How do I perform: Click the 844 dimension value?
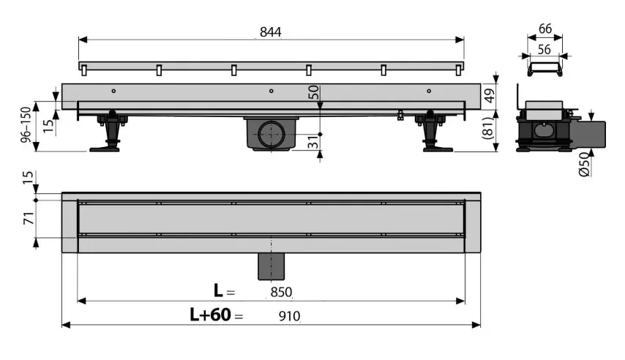[x=271, y=32]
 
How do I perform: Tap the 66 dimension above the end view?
[x=545, y=29]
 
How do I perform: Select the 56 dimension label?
[x=544, y=50]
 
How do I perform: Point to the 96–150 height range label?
[x=26, y=124]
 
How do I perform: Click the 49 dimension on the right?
[x=490, y=95]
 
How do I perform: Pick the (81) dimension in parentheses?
[x=489, y=127]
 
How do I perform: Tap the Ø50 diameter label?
[x=584, y=164]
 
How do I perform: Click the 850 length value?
[x=281, y=292]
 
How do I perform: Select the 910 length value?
[x=289, y=316]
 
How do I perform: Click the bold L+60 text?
[x=210, y=315]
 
